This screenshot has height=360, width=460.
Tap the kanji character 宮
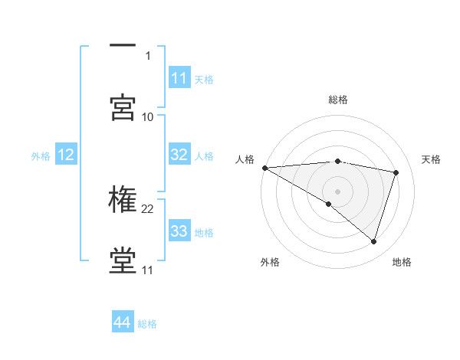point(123,107)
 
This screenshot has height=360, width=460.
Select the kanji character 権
point(123,200)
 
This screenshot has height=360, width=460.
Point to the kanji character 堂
point(123,260)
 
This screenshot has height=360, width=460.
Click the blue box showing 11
point(179,78)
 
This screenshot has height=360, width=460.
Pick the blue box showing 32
point(179,155)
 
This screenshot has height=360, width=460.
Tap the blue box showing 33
point(179,231)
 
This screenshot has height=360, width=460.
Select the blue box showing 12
point(66,155)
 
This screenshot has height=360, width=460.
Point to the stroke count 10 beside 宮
point(148,116)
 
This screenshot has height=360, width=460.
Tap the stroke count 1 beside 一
point(148,55)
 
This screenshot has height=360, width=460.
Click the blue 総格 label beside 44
point(147,324)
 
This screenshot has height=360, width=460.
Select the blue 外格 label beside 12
point(41,156)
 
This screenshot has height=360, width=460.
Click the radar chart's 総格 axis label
point(338,100)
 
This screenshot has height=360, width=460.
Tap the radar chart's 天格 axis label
point(432,159)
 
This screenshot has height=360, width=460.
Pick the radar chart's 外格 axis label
point(270,262)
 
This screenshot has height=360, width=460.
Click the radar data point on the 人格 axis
point(264,168)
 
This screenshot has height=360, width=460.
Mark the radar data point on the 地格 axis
point(373,241)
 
